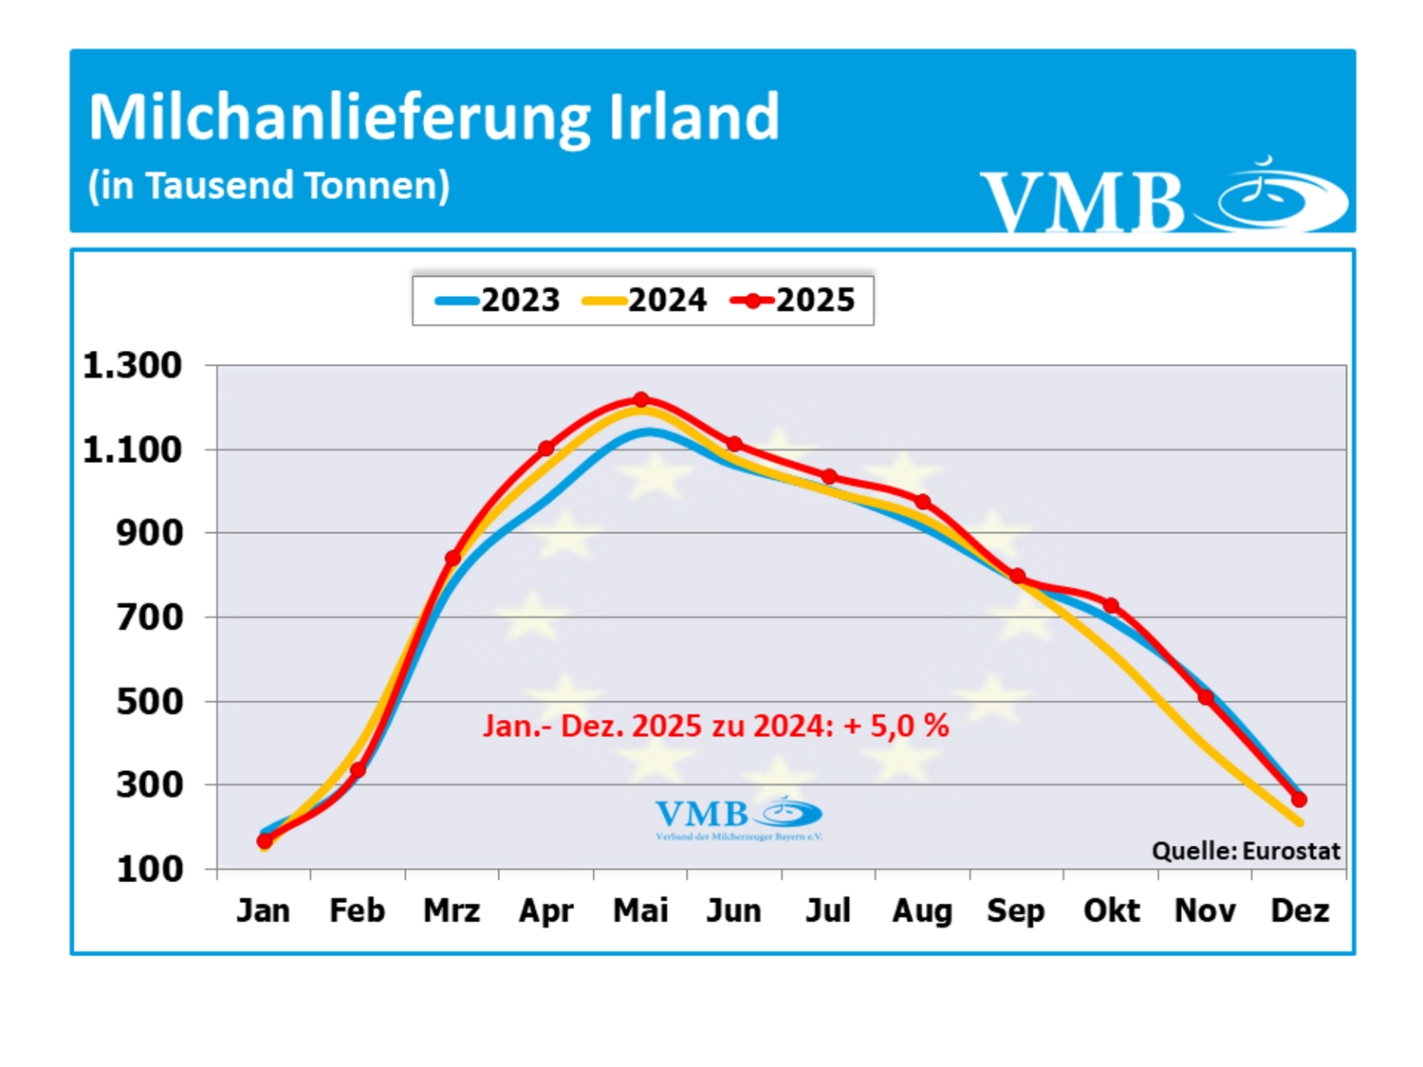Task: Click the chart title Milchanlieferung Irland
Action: point(434,118)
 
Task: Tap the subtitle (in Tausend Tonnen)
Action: point(268,186)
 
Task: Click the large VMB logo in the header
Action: point(1162,196)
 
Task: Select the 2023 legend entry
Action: point(499,301)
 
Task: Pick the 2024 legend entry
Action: point(646,301)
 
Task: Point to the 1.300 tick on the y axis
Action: point(132,365)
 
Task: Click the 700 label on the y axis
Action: point(149,617)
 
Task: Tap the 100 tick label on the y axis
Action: point(149,869)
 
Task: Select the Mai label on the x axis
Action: point(640,911)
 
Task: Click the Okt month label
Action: point(1111,911)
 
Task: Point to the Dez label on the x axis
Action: point(1300,911)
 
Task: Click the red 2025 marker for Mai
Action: point(641,399)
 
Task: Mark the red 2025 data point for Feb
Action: point(358,770)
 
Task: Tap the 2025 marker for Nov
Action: point(1206,697)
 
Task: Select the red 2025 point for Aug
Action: point(923,502)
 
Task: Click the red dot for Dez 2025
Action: point(1299,800)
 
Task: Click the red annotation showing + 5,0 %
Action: point(716,726)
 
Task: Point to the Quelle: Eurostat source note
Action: point(1246,851)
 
